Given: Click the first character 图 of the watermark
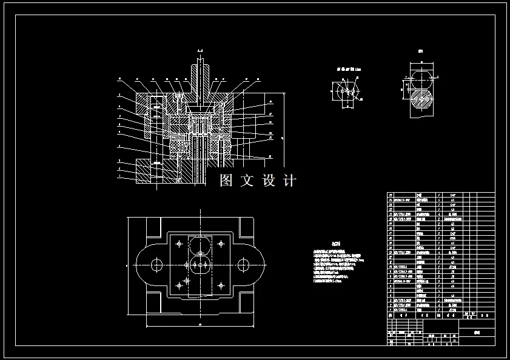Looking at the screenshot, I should (x=226, y=180).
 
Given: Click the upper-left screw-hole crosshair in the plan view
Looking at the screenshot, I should (x=178, y=244).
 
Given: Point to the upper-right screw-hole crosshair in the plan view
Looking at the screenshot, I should (x=221, y=244).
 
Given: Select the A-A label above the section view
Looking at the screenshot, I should (x=200, y=50).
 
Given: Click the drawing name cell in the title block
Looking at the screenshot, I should (x=477, y=333).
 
